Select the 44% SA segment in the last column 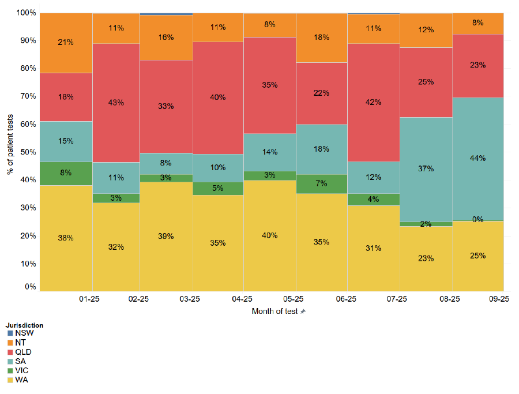[477, 158]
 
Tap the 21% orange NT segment [65, 42]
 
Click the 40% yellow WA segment [270, 235]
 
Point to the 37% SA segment [426, 168]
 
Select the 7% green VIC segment [321, 183]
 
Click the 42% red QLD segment [373, 103]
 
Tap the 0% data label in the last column [477, 219]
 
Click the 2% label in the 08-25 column [426, 224]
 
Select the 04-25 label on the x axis [242, 299]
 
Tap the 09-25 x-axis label [498, 299]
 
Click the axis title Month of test [274, 311]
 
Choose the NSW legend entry [24, 333]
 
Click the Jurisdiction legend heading [24, 325]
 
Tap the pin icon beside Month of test [303, 312]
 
